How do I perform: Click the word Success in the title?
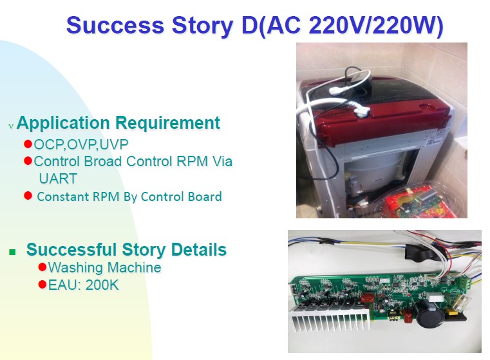pos(115,25)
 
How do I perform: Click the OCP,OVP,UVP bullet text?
pos(81,144)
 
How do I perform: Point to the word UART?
pos(58,179)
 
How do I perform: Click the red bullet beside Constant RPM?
pos(28,196)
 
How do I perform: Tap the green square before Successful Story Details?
pos(12,252)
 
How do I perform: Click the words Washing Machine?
pos(104,267)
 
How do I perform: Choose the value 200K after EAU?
pos(102,285)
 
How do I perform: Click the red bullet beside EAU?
pos(42,285)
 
